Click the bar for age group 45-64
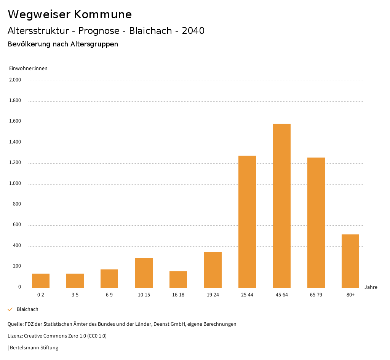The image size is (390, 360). click(281, 205)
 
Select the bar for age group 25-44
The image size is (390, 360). click(247, 221)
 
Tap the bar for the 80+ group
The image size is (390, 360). click(350, 261)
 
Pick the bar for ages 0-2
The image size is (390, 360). click(41, 281)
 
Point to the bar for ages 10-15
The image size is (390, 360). click(144, 273)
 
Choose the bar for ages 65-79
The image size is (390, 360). click(316, 223)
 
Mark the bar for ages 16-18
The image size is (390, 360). click(178, 280)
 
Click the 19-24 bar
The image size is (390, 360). click(213, 270)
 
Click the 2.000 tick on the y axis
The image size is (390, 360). click(16, 80)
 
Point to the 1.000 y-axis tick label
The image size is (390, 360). click(16, 184)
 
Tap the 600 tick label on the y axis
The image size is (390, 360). click(17, 225)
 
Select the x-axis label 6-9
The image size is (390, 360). click(109, 295)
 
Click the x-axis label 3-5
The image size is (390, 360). click(75, 295)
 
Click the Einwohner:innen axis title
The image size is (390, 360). click(28, 68)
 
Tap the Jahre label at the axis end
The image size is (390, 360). click(371, 287)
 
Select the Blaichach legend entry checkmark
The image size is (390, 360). click(10, 309)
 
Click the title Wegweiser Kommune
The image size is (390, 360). click(70, 14)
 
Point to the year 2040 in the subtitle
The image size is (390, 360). click(193, 31)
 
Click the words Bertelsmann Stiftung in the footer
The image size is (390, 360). click(34, 348)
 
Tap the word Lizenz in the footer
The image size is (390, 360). click(15, 336)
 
